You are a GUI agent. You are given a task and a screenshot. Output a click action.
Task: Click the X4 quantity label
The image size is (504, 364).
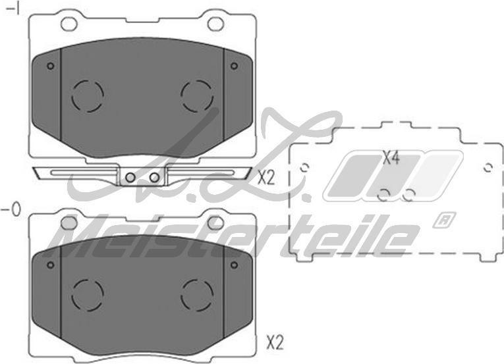tap(391, 158)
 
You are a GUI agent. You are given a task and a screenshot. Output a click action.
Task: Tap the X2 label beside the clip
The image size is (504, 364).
tap(266, 178)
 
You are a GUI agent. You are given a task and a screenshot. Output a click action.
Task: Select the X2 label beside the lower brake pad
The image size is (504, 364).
tap(275, 343)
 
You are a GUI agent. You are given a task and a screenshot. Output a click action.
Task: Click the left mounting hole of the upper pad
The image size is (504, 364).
tap(69, 24)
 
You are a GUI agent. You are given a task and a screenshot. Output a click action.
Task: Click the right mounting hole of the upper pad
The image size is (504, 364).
tap(215, 24)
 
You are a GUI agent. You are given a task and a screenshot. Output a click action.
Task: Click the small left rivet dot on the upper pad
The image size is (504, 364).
tap(51, 66)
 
